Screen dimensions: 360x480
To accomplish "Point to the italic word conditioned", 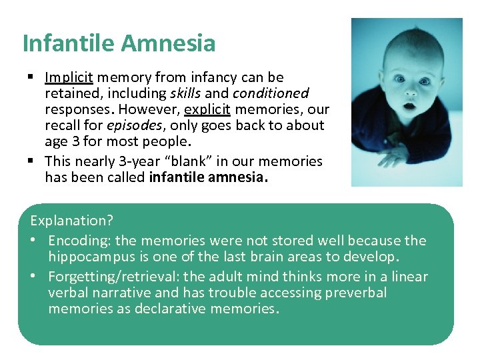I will pos(271,93).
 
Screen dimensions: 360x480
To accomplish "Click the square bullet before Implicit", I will pos(31,77).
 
